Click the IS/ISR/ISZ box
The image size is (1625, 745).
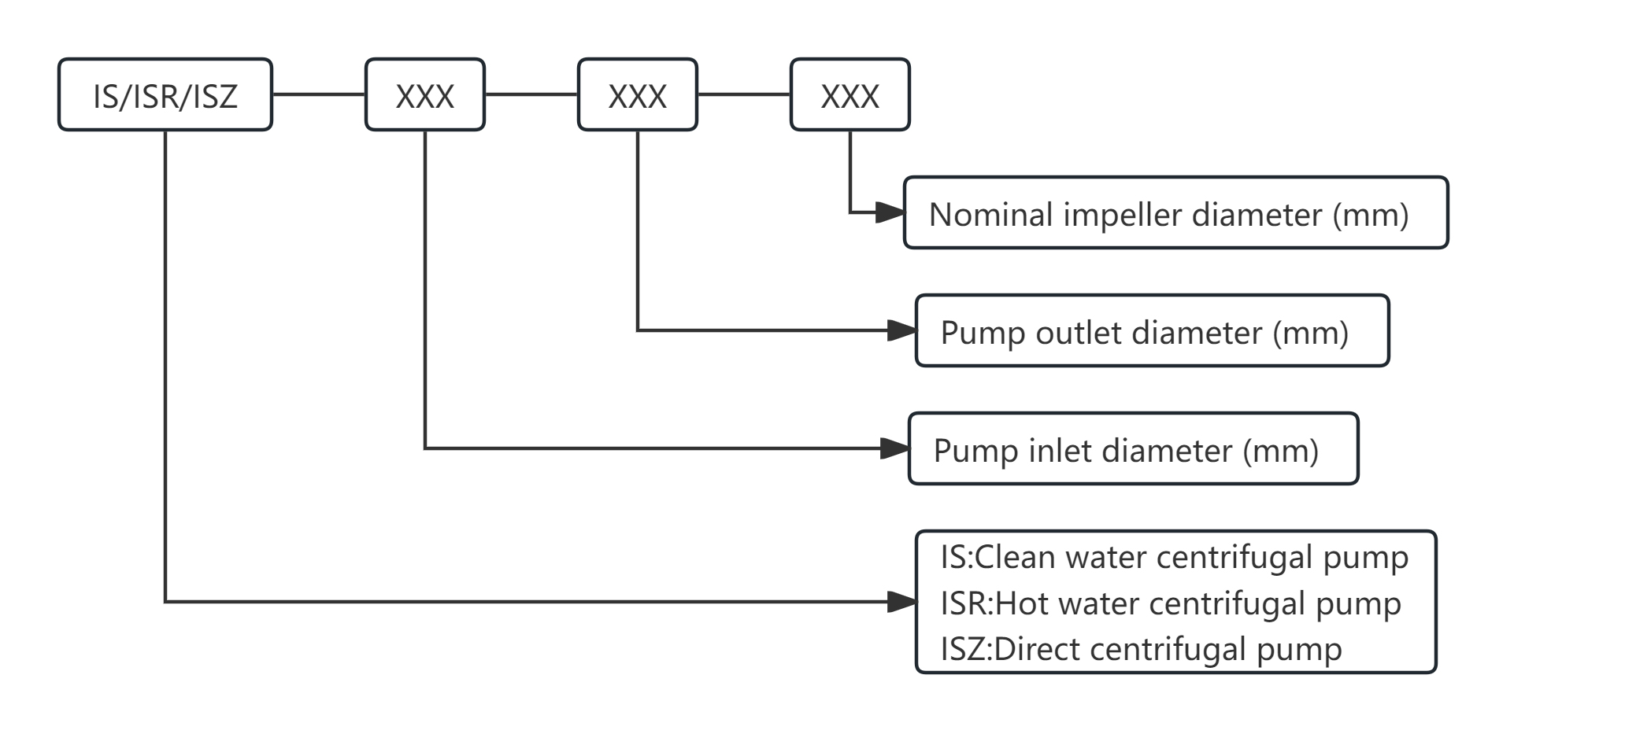tap(165, 95)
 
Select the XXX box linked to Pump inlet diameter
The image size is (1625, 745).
tap(425, 95)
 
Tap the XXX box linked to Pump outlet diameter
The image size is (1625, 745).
tap(638, 95)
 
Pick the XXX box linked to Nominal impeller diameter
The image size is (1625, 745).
tap(850, 95)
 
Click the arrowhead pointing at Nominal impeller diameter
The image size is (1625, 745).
tap(890, 212)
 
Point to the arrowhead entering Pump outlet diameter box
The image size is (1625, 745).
tap(901, 330)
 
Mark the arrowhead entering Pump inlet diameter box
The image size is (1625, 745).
tap(895, 448)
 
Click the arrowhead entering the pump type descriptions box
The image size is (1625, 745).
tap(901, 602)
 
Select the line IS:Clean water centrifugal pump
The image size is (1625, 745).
tap(1174, 557)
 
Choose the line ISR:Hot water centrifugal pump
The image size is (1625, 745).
tap(1171, 603)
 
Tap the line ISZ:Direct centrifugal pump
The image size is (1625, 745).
tap(1141, 650)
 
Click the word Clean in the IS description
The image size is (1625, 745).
tap(1016, 557)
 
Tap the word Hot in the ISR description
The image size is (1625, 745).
tap(1023, 603)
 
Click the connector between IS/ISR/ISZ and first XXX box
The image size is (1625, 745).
tap(319, 94)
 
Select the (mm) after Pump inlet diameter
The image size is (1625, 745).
tap(1280, 451)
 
